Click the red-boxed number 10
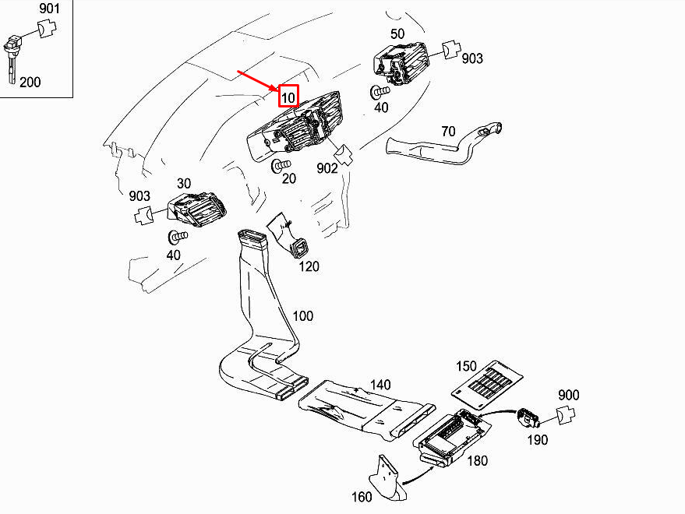tap(288, 96)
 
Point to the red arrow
tap(258, 81)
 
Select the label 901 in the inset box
tap(49, 10)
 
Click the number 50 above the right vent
tap(397, 34)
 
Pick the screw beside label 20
tap(281, 166)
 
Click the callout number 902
tap(327, 167)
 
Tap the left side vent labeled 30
tap(197, 206)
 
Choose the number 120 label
tap(309, 266)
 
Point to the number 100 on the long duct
tap(302, 316)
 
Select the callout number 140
tap(380, 385)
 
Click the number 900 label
tap(569, 396)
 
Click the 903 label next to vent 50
tap(471, 58)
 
